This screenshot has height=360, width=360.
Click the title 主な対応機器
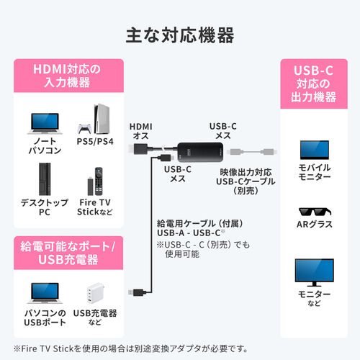click(179, 34)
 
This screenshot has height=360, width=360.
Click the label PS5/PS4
click(95, 140)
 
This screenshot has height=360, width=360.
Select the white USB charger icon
click(95, 292)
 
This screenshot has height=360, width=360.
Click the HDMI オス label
click(140, 130)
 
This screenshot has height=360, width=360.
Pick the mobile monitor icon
click(314, 149)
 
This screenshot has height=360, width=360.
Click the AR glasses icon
click(314, 214)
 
